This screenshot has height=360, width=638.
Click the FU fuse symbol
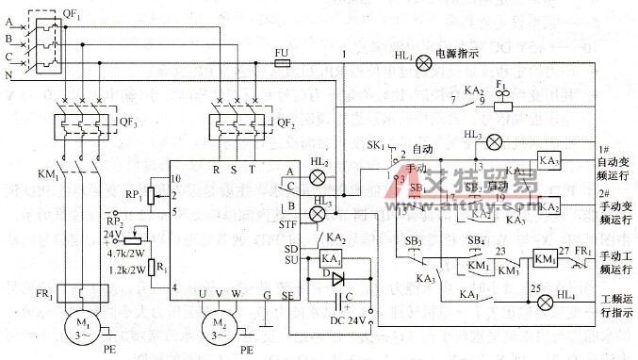281,62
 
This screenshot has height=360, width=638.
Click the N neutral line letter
9,73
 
